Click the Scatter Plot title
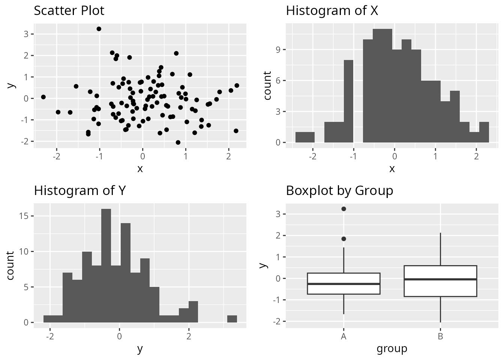click(x=69, y=10)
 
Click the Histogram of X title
click(x=332, y=10)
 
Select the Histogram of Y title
click(x=80, y=190)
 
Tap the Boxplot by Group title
click(x=339, y=190)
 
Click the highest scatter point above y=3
click(x=99, y=29)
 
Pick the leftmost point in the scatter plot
click(x=43, y=97)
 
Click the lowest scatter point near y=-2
click(x=178, y=142)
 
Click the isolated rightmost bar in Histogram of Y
click(x=232, y=319)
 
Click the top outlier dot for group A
click(x=343, y=209)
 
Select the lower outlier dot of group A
click(x=343, y=239)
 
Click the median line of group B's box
click(x=440, y=279)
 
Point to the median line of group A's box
click(x=343, y=284)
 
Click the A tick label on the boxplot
click(x=343, y=336)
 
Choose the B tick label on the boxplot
click(x=440, y=336)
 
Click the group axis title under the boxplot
click(x=392, y=349)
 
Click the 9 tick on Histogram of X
click(x=278, y=50)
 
